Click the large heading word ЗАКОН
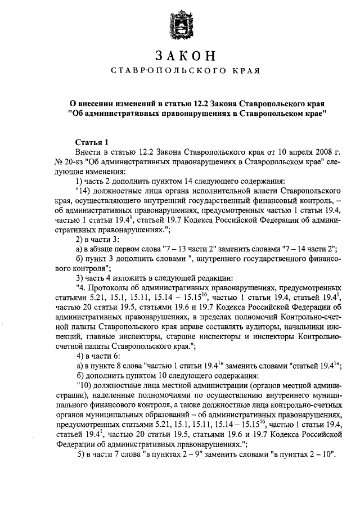click(x=179, y=56)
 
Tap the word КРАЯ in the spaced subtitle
click(x=245, y=71)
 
